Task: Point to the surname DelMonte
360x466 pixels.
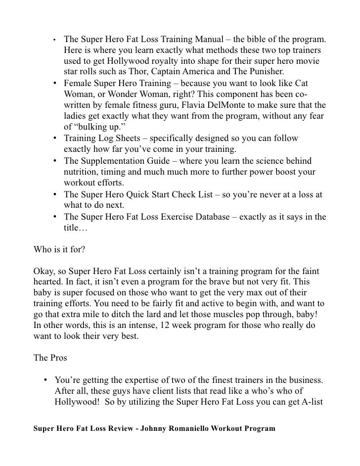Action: point(232,105)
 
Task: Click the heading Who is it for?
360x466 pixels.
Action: point(59,249)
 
